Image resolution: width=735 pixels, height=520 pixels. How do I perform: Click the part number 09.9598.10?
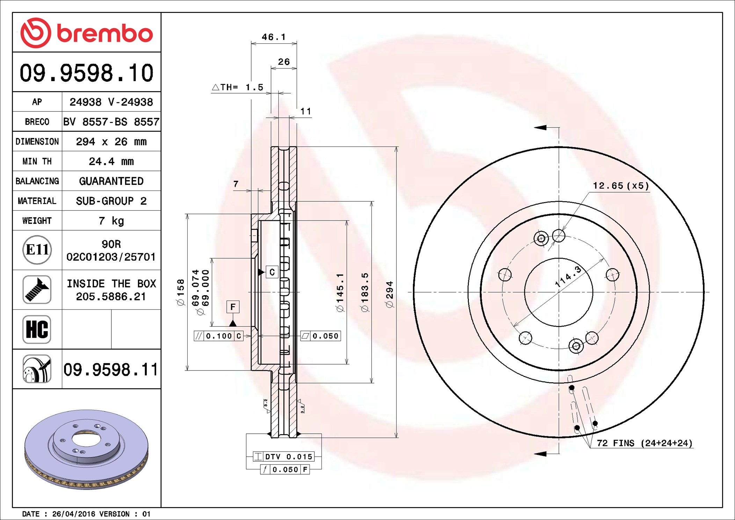pos(86,73)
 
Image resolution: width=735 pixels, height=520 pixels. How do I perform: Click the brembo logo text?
pos(105,34)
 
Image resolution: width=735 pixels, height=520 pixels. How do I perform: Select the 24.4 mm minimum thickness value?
pos(111,161)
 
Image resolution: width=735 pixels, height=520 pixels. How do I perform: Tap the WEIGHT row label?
pos(37,221)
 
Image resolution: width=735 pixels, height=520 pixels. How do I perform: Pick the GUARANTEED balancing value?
pos(111,181)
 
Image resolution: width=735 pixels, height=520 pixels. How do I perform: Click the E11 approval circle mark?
pos(37,250)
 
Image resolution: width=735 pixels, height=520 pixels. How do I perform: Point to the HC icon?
pos(37,329)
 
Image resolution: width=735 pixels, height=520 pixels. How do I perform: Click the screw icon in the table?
pos(37,289)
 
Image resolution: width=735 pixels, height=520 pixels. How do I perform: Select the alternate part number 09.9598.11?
pos(111,369)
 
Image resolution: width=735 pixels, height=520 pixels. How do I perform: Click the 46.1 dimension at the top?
pos(274,37)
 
